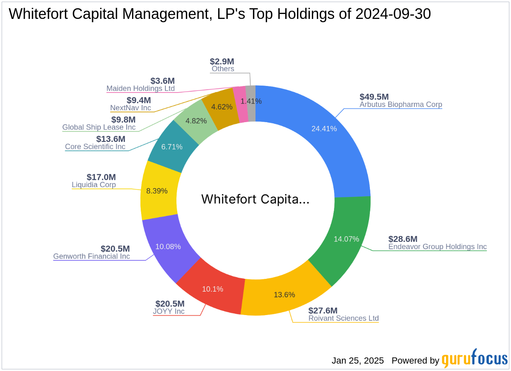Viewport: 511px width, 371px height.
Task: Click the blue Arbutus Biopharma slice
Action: coord(325,136)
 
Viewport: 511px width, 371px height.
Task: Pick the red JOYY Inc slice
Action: coord(212,288)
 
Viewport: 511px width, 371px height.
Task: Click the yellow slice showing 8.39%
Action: coord(158,191)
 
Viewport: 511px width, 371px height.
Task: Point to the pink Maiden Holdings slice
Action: coord(239,105)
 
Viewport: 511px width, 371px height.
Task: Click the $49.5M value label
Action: coord(374,97)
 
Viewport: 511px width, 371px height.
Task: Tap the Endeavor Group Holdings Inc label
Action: coord(437,247)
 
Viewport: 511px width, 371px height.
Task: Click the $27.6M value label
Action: coord(323,311)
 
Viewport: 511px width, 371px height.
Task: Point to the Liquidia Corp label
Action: coord(94,185)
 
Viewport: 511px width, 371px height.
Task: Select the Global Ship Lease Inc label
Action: coord(99,128)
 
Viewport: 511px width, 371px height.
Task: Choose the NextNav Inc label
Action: coord(130,108)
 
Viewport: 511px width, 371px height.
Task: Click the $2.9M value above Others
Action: coord(222,61)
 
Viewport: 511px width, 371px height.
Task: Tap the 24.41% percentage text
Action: coord(324,129)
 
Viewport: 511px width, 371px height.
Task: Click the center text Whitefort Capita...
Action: coord(255,199)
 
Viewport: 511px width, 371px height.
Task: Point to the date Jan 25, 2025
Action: coord(358,361)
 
